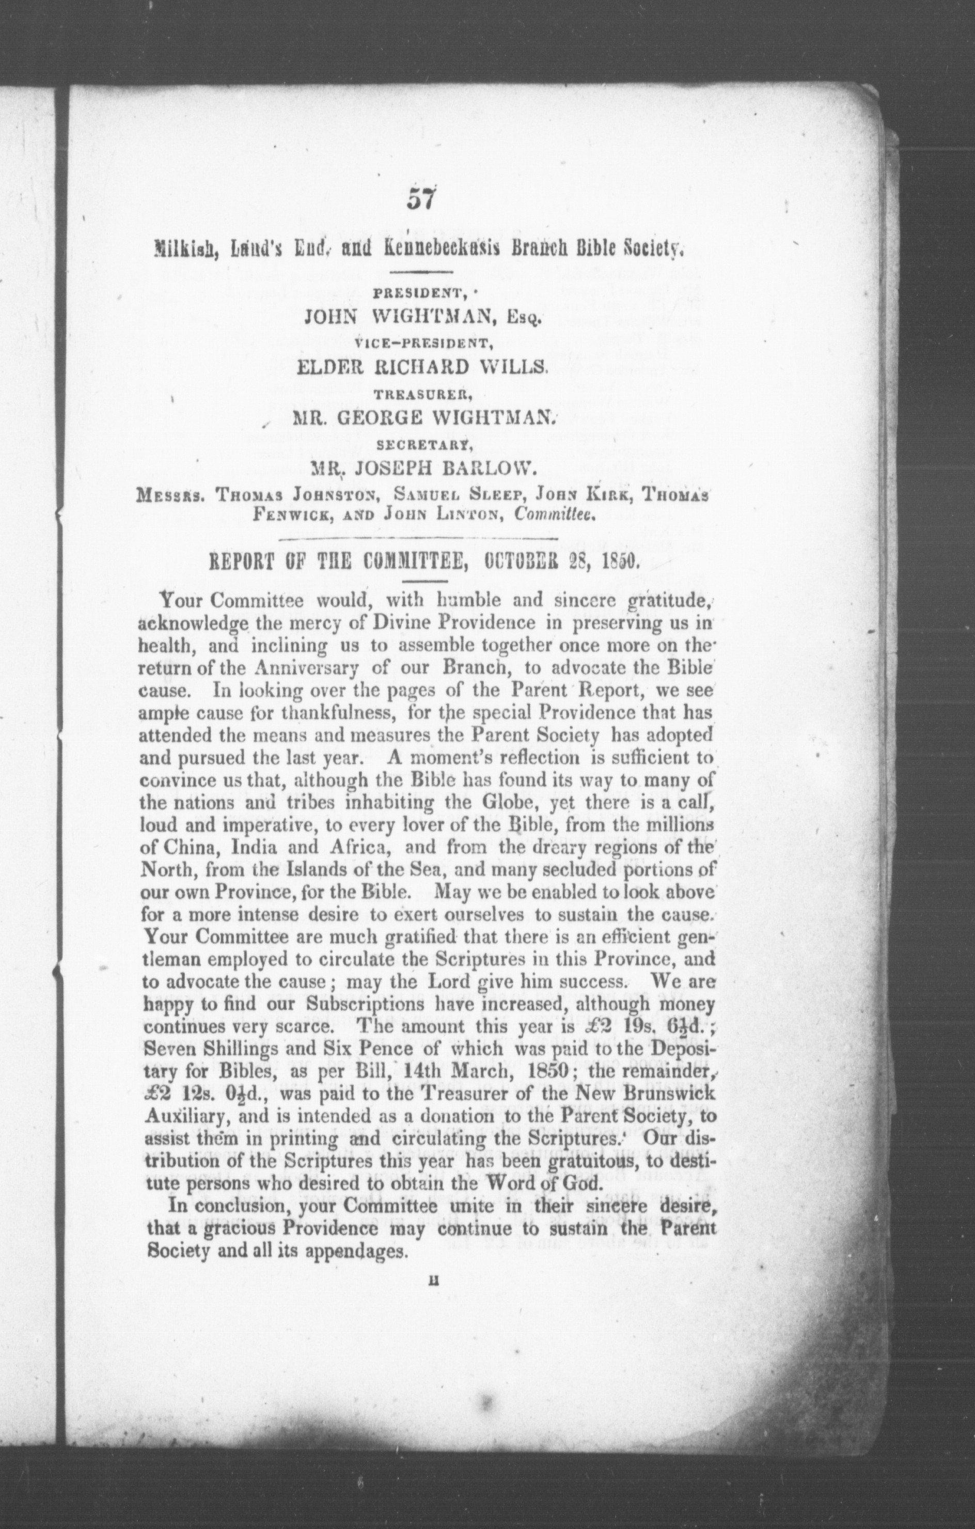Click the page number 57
[x=420, y=200]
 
